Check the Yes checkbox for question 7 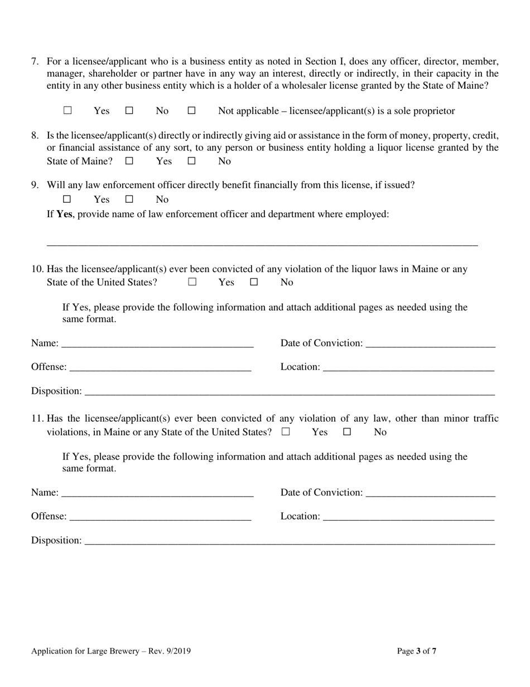tap(68, 111)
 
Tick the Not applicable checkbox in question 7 tap(191, 111)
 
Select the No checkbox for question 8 tap(191, 161)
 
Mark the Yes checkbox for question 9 tap(68, 199)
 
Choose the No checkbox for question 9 tap(129, 199)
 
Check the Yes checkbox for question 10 tap(192, 282)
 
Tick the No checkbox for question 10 tap(254, 282)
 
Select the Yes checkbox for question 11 tap(286, 432)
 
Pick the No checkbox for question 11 tap(347, 432)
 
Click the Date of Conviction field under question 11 tap(431, 493)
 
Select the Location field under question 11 tap(408, 517)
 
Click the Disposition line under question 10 tap(289, 391)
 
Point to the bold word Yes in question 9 tap(64, 214)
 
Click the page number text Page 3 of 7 tap(416, 651)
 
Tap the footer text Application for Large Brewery tap(85, 651)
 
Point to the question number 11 tap(37, 418)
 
